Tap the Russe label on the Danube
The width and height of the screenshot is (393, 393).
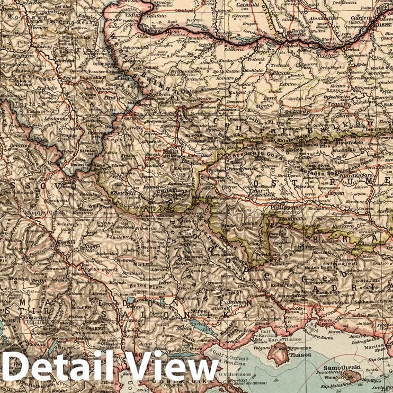(383, 24)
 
